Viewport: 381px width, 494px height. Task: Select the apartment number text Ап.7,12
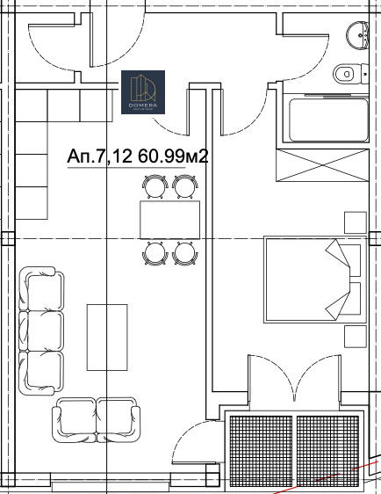pyautogui.click(x=98, y=157)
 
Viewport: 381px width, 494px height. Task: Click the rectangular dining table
pyautogui.click(x=169, y=220)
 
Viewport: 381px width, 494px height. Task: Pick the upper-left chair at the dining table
pyautogui.click(x=155, y=186)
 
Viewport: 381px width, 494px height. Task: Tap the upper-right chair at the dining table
pyautogui.click(x=183, y=186)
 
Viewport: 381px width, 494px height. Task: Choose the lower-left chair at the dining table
pyautogui.click(x=155, y=253)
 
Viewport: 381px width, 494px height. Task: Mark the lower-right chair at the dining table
pyautogui.click(x=183, y=253)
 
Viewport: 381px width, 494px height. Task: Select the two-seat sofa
pyautogui.click(x=97, y=419)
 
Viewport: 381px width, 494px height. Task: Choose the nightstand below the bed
pyautogui.click(x=355, y=336)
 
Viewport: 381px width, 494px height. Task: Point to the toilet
pyautogui.click(x=345, y=74)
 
